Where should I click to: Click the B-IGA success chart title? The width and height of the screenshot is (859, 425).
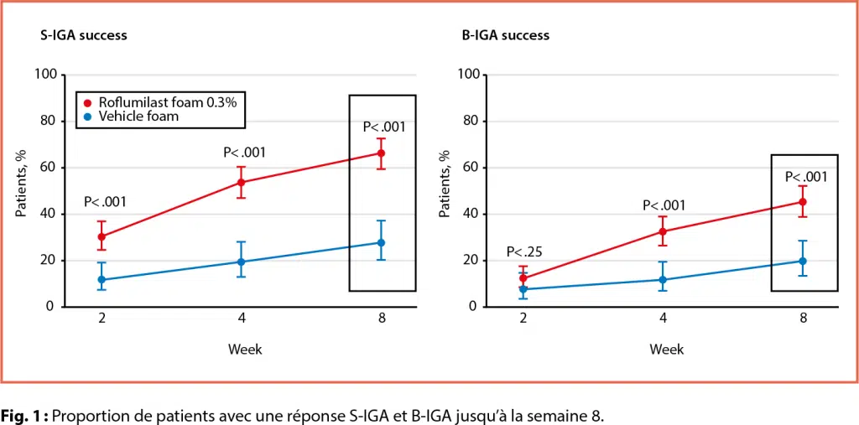[x=505, y=35]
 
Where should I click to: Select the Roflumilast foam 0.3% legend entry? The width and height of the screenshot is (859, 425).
[x=164, y=101]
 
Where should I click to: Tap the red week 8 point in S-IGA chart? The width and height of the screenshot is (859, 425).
[x=381, y=153]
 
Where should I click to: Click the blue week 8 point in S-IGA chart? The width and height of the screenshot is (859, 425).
[x=381, y=243]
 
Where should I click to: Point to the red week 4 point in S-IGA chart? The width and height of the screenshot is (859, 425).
[x=242, y=182]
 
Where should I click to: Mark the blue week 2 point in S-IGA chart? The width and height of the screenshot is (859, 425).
[x=102, y=280]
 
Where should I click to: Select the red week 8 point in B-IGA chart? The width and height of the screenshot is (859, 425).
[x=803, y=202]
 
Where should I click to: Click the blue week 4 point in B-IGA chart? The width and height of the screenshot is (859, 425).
[x=663, y=280]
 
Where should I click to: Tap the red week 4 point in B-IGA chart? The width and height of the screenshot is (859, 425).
[x=663, y=231]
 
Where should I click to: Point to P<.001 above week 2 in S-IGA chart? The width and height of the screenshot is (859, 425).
[x=105, y=202]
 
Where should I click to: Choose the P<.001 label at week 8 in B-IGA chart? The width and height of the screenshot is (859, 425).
[x=806, y=177]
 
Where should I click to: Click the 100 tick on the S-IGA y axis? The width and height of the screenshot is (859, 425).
[x=45, y=75]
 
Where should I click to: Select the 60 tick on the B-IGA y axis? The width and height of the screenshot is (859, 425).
[x=470, y=168]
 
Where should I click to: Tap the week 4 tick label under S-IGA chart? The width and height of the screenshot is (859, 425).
[x=242, y=319]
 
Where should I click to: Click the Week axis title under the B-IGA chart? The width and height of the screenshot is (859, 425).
[x=666, y=349]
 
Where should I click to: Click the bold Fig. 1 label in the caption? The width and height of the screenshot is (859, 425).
[x=25, y=415]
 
